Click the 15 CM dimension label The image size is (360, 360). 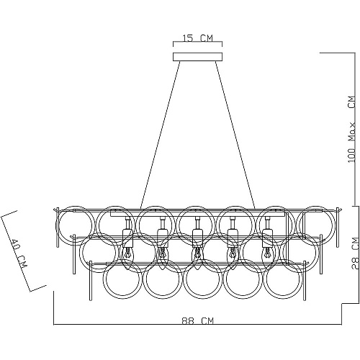pyautogui.click(x=197, y=38)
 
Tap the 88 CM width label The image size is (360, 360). pyautogui.click(x=197, y=321)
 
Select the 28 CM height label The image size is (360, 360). pyautogui.click(x=356, y=253)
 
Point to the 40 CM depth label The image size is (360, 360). pyautogui.click(x=19, y=253)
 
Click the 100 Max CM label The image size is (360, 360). pyautogui.click(x=351, y=129)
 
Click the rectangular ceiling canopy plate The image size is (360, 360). pyautogui.click(x=197, y=57)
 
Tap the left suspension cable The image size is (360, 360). pyautogui.click(x=160, y=135)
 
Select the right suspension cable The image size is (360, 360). pyautogui.click(x=235, y=135)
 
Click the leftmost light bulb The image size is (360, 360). pyautogui.click(x=127, y=254)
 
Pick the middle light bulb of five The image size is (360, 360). pyautogui.click(x=197, y=254)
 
